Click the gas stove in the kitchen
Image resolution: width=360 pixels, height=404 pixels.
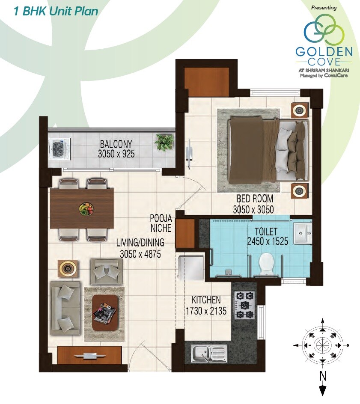coord(244,305)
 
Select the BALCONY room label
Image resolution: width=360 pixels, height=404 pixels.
coord(116,144)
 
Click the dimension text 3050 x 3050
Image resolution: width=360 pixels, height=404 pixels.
coord(253,210)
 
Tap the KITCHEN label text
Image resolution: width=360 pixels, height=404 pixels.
coord(206,300)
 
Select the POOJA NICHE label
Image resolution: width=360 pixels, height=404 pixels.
coord(161,223)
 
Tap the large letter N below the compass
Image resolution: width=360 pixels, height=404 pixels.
coord(323,376)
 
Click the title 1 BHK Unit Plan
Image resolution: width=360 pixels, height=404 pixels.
coord(56,11)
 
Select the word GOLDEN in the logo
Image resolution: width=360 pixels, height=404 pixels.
coord(324,52)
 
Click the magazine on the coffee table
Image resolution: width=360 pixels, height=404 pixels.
coord(104,311)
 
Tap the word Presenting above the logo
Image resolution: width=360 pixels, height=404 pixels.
coord(324,8)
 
